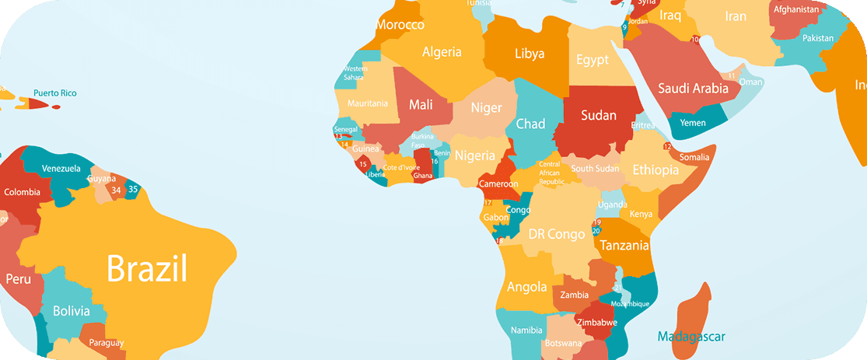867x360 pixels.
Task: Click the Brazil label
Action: coord(147,269)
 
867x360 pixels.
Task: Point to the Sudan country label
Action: coord(599,116)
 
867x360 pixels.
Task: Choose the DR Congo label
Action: coord(557,234)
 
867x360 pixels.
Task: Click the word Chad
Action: coord(530,124)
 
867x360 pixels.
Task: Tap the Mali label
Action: coord(421,105)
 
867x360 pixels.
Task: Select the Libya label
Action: coord(530,54)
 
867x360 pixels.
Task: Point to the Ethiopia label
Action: coord(655,170)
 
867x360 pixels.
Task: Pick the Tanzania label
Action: coord(624,246)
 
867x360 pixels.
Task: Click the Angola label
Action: coord(526,287)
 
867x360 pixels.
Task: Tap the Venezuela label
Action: coord(61,169)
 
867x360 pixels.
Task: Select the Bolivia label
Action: coord(71,311)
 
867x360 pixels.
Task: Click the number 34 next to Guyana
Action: coord(116,190)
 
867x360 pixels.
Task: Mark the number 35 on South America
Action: coord(133,189)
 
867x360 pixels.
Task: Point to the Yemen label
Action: coord(693,123)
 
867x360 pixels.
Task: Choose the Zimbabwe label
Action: coord(596,322)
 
